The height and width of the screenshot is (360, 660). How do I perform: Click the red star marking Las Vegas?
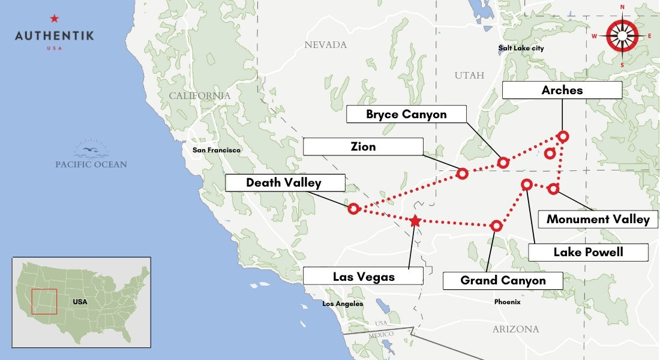(x=415, y=221)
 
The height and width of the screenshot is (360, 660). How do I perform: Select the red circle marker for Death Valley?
(x=353, y=208)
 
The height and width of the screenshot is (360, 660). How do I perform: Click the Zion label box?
(x=363, y=146)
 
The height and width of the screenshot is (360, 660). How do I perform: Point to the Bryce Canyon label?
(x=406, y=114)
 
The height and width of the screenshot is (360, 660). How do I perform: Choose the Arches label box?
(x=562, y=91)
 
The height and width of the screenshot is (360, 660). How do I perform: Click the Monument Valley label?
(x=598, y=220)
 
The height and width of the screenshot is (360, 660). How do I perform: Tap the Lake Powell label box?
(x=588, y=252)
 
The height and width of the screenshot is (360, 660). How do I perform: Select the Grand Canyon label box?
(x=503, y=280)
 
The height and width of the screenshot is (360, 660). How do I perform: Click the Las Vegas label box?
(x=363, y=277)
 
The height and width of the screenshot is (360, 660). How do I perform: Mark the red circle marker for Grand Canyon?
(x=496, y=226)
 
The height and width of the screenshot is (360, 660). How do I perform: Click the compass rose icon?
(x=622, y=36)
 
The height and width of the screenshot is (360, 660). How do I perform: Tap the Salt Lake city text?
(x=521, y=48)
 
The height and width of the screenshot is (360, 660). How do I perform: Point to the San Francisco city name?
(x=217, y=150)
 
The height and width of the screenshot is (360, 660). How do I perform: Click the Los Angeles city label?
(x=343, y=304)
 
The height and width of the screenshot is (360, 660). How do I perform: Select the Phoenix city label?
(x=507, y=302)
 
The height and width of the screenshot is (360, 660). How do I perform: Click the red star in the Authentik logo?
(x=55, y=19)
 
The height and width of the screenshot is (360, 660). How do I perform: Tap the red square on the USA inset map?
(x=44, y=301)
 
